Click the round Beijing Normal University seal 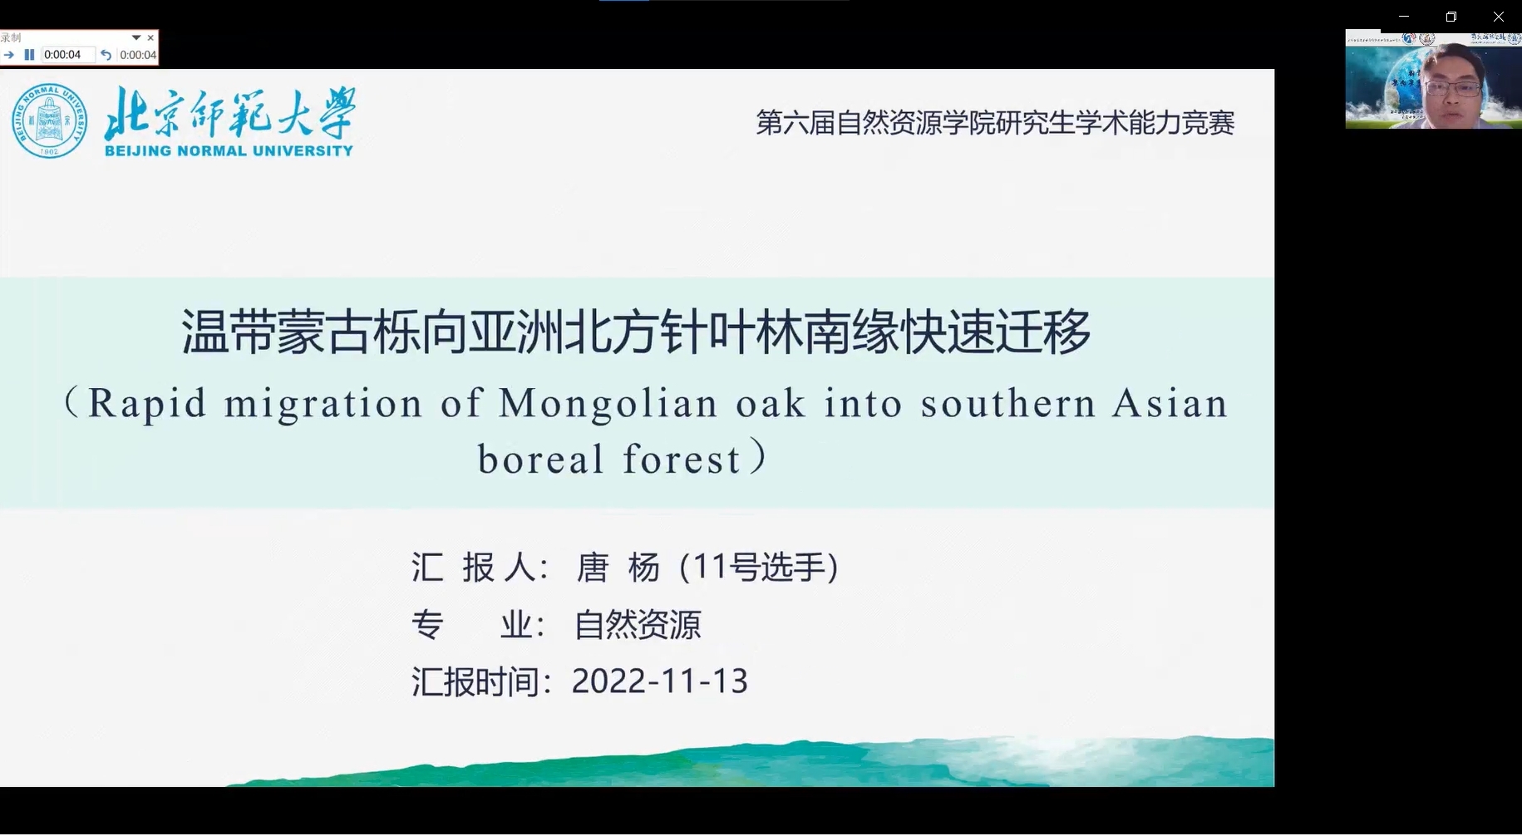(x=49, y=121)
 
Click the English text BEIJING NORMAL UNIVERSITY (x=229, y=151)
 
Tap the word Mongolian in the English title (x=608, y=404)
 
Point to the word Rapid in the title (x=146, y=404)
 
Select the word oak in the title (x=771, y=404)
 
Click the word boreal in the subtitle (x=540, y=460)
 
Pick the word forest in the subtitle (x=682, y=460)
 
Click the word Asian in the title (x=1170, y=404)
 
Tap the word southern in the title (x=1007, y=404)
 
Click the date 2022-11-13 (x=660, y=681)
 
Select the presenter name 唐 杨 (x=618, y=568)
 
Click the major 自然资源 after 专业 (x=638, y=625)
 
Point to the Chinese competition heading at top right (x=995, y=123)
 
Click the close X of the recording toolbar (x=150, y=37)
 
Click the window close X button (x=1498, y=17)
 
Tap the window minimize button (x=1404, y=17)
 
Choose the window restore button (x=1451, y=17)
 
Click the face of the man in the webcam (x=1452, y=87)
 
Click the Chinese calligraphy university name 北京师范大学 (x=230, y=114)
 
